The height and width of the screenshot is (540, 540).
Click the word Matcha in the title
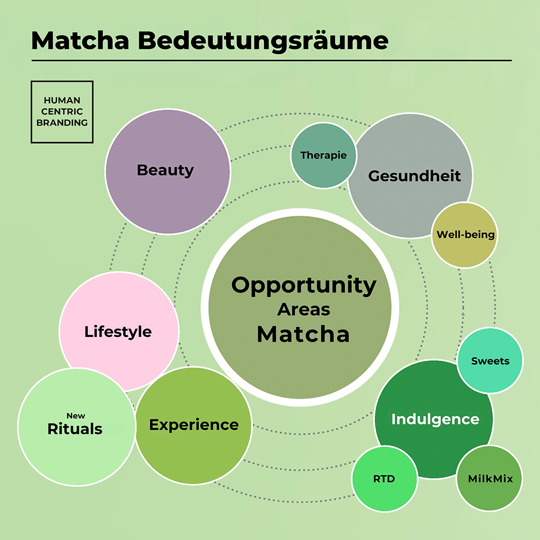80,40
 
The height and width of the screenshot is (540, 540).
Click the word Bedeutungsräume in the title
263,42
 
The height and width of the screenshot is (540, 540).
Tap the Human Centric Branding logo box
62,112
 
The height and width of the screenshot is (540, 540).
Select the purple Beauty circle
168,172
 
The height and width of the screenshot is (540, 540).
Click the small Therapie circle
323,156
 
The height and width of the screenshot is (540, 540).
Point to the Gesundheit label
414,176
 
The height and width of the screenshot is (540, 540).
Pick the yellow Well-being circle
464,235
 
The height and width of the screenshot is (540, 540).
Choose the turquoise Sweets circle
490,361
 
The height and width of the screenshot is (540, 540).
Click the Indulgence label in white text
435,420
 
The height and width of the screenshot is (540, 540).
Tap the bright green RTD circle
384,478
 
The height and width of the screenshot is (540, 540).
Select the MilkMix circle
489,478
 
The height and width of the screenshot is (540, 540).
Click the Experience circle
193,426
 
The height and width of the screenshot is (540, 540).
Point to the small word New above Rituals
76,416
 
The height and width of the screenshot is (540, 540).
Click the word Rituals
75,429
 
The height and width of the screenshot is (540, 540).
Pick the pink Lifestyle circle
119,332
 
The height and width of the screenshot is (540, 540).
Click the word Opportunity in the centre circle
303,286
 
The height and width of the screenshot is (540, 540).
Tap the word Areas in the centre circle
303,309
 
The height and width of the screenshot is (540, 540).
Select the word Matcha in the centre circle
303,334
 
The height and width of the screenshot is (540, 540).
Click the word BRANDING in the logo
62,123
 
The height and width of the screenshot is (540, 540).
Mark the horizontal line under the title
272,60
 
